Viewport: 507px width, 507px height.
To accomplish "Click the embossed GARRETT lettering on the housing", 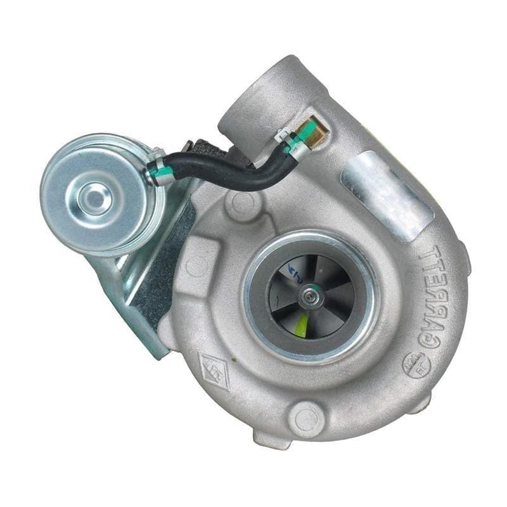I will [441, 297].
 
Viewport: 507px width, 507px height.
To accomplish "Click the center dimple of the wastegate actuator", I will [96, 195].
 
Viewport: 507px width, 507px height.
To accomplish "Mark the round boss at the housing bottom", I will [307, 419].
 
